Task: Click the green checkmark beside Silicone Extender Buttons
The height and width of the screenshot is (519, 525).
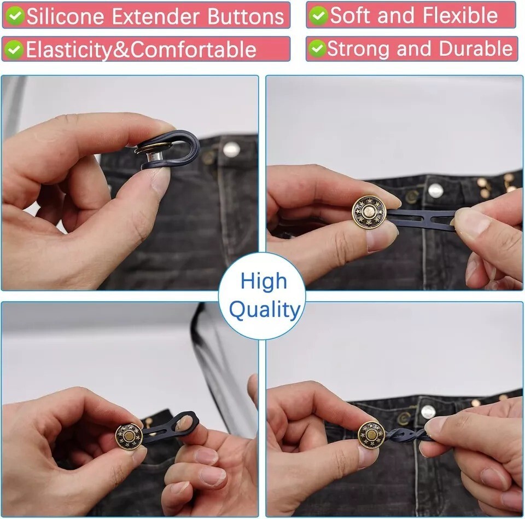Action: (x=15, y=16)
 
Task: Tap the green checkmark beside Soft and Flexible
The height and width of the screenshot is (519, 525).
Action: (x=318, y=15)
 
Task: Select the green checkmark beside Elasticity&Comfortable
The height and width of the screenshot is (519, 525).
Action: (x=15, y=49)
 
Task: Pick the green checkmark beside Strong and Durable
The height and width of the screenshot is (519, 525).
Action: (x=317, y=49)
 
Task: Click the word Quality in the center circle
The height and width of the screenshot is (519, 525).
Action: (x=265, y=310)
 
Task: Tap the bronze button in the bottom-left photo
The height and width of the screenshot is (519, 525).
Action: (x=129, y=436)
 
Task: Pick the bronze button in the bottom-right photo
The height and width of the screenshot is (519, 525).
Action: (x=371, y=435)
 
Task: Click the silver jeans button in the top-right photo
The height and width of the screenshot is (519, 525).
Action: (x=435, y=191)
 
